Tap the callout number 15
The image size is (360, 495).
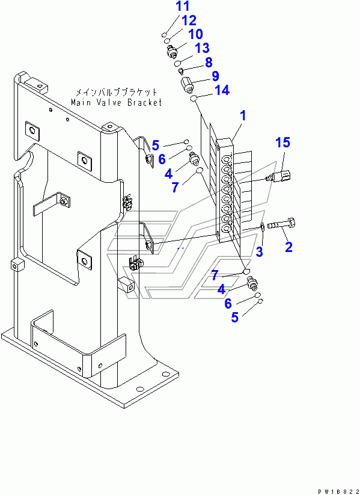tap(283, 143)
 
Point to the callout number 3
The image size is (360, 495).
tap(259, 251)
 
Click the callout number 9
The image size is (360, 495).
tap(215, 76)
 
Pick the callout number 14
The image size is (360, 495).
tap(222, 91)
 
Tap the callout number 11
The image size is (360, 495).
tap(183, 6)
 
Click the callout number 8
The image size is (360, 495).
tap(209, 62)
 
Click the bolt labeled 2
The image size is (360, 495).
tap(281, 225)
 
